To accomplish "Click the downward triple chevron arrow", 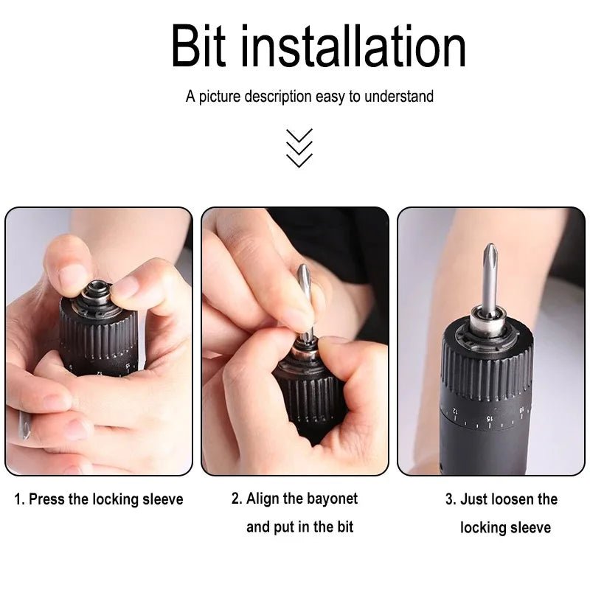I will [x=299, y=147].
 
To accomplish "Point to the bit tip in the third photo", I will [x=488, y=254].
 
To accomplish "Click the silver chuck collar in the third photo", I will [x=487, y=324].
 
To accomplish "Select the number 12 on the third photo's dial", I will [x=455, y=409].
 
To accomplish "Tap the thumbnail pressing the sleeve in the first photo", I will [x=73, y=279].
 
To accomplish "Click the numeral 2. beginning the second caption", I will [x=236, y=499].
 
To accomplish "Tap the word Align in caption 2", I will [x=263, y=499].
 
